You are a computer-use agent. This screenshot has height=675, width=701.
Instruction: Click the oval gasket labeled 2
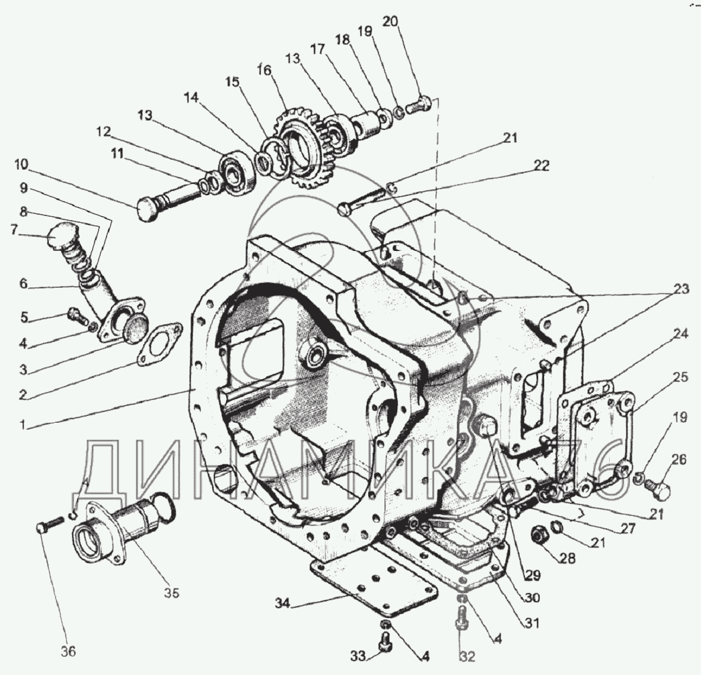tap(158, 344)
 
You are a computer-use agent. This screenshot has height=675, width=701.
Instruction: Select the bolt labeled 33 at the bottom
tap(386, 640)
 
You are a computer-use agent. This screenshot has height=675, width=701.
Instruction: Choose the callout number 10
tap(20, 164)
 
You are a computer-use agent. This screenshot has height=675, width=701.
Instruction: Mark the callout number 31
tap(532, 622)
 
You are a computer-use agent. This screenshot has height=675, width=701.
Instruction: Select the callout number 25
tap(680, 377)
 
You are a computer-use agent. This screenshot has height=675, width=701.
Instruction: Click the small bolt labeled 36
tap(44, 529)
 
